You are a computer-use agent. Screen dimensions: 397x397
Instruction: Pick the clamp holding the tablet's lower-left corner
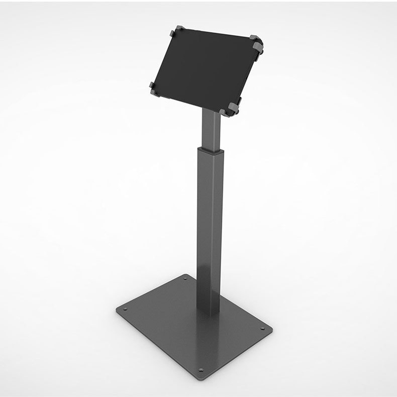[152, 88]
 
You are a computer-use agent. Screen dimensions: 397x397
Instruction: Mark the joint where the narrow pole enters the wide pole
[210, 149]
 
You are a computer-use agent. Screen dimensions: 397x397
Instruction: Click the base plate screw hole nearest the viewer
[201, 370]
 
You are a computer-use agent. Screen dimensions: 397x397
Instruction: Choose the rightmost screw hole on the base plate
[262, 329]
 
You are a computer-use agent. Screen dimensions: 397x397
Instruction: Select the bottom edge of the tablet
[191, 101]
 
